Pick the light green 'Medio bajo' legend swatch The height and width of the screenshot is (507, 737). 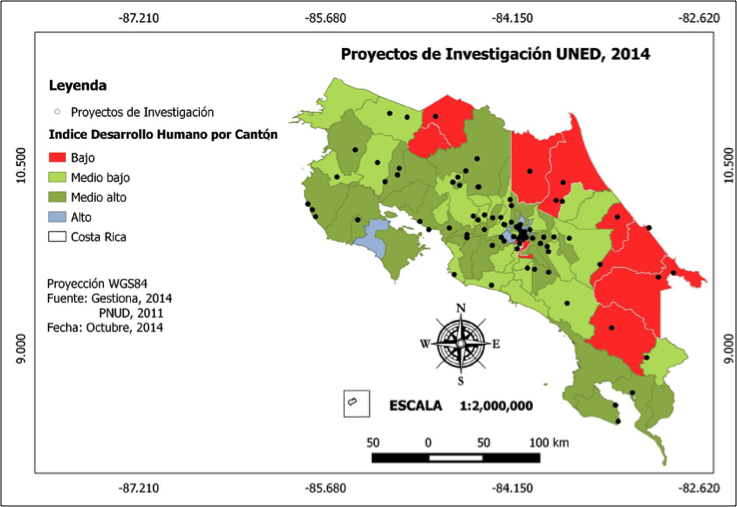coord(64,178)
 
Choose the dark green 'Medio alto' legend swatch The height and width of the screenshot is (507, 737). coord(64,198)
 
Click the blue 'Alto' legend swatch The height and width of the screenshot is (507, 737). coord(64,217)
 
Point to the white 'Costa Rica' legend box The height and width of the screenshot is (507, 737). coord(64,237)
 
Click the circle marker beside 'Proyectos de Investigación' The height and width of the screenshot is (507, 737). coord(57,112)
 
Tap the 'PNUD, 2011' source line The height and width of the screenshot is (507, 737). coord(130,313)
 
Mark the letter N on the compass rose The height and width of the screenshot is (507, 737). coord(460,307)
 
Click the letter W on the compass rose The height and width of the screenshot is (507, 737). coord(424,344)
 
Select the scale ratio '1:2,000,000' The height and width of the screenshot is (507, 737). coord(510,406)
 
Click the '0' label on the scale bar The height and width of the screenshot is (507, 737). coord(428,441)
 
